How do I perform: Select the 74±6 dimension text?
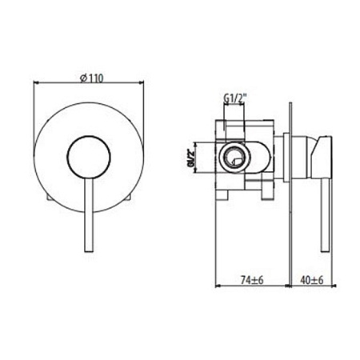click(x=253, y=282)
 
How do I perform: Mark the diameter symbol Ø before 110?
click(x=82, y=77)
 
